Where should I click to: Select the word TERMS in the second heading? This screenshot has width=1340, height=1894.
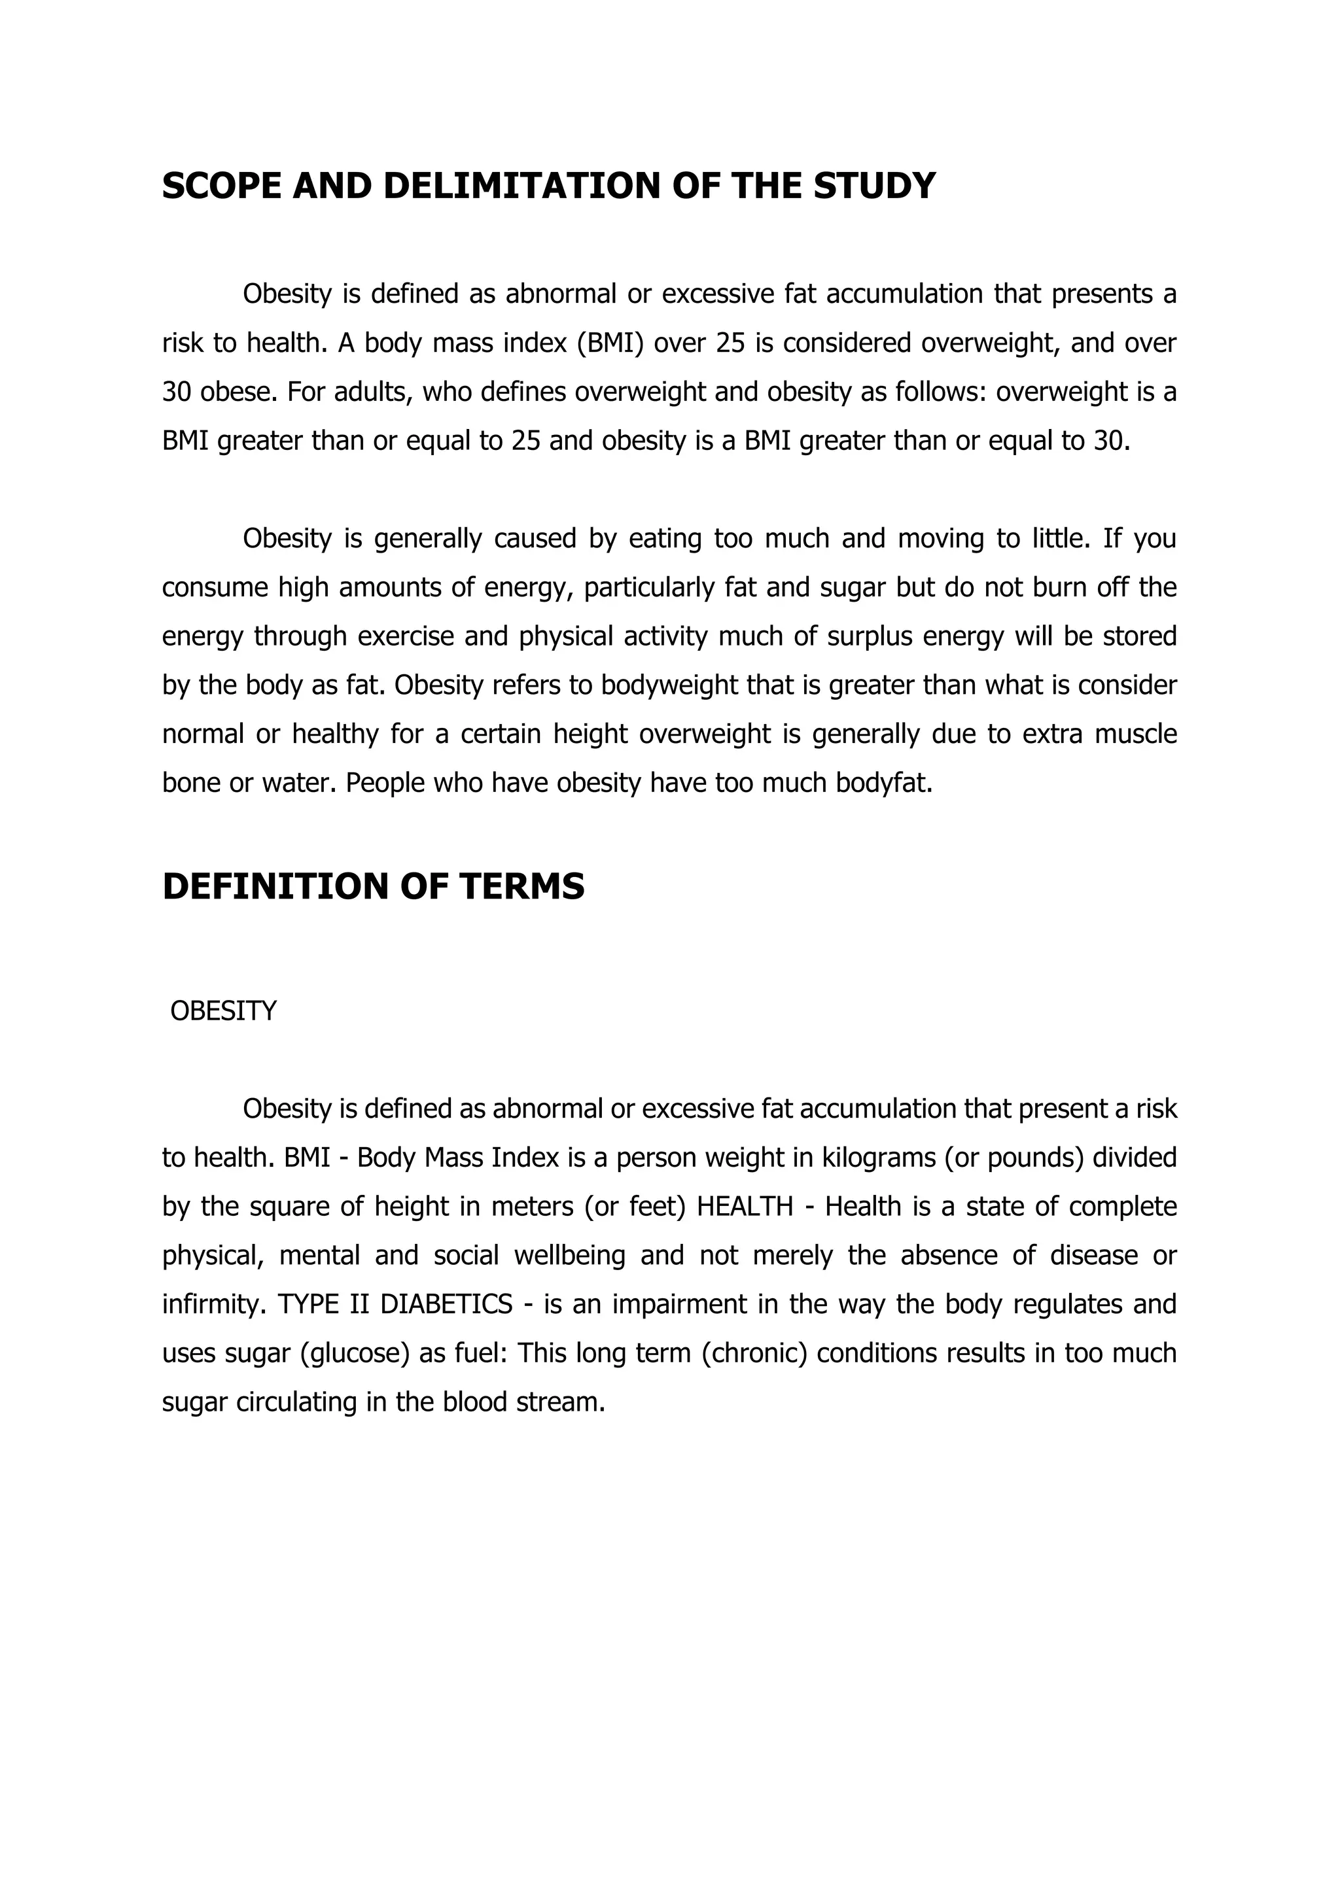[522, 887]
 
